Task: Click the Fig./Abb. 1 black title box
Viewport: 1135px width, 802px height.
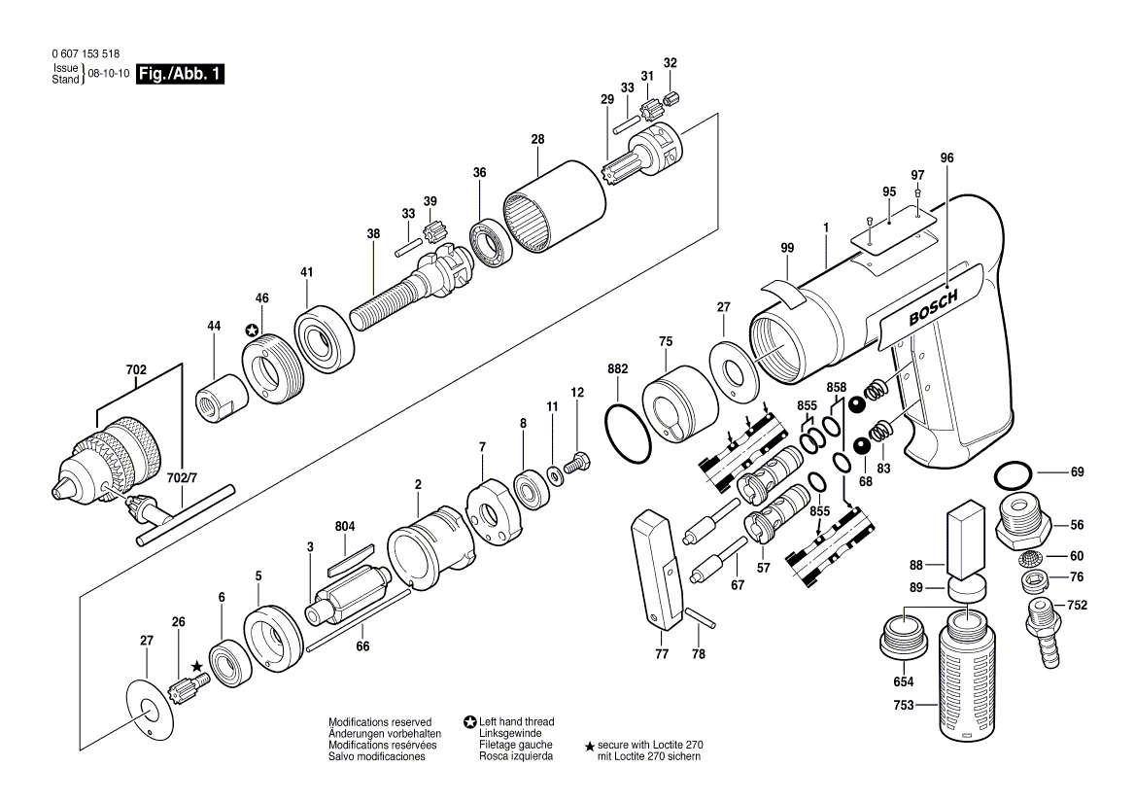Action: click(180, 74)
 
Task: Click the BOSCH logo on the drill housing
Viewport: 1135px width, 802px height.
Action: click(932, 308)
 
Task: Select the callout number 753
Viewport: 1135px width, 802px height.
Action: click(903, 706)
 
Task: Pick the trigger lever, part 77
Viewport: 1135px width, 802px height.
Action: click(658, 569)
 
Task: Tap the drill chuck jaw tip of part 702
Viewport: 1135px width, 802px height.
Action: click(64, 489)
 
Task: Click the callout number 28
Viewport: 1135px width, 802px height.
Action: click(537, 140)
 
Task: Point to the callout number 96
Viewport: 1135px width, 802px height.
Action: click(947, 157)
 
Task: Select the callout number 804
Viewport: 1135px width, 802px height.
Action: click(344, 526)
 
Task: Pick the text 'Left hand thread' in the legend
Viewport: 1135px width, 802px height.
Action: click(516, 721)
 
